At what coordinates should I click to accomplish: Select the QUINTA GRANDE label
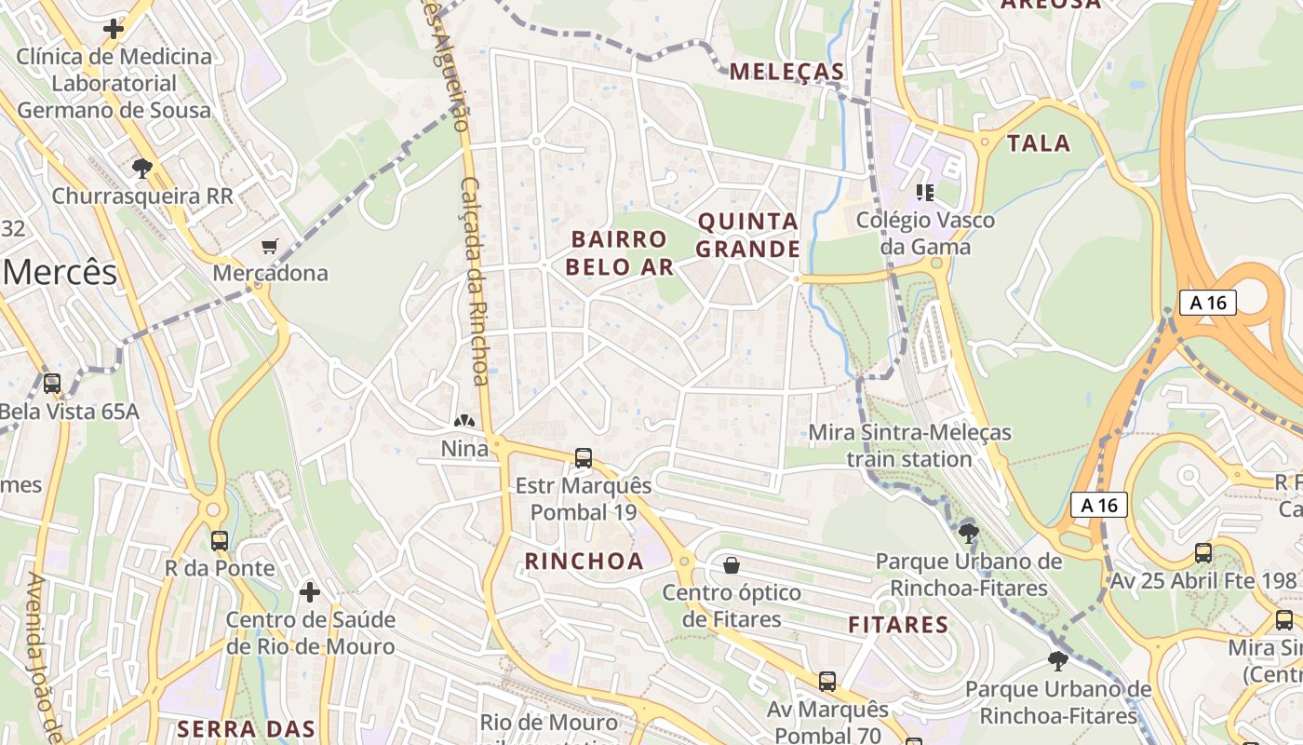[747, 235]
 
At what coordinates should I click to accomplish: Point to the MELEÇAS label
[787, 72]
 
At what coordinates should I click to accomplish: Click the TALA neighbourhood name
[1039, 143]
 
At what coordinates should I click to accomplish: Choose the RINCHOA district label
[584, 561]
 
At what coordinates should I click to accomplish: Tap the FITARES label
[898, 624]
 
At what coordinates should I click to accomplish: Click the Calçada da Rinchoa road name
[476, 279]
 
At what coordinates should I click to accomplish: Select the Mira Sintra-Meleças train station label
[909, 445]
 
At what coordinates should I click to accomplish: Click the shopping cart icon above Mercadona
[270, 247]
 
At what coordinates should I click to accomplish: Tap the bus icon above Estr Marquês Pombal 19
[584, 458]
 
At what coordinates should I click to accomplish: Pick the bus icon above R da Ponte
[220, 541]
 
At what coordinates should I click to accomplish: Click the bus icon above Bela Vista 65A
[52, 383]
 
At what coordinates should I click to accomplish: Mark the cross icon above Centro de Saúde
[310, 592]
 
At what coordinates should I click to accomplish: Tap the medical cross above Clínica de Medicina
[114, 29]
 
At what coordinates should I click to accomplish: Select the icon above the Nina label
[463, 423]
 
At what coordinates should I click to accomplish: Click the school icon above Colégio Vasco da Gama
[925, 193]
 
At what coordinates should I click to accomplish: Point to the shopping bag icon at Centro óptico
[732, 565]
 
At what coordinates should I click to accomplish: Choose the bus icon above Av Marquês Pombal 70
[826, 682]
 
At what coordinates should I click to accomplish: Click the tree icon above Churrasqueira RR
[142, 169]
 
